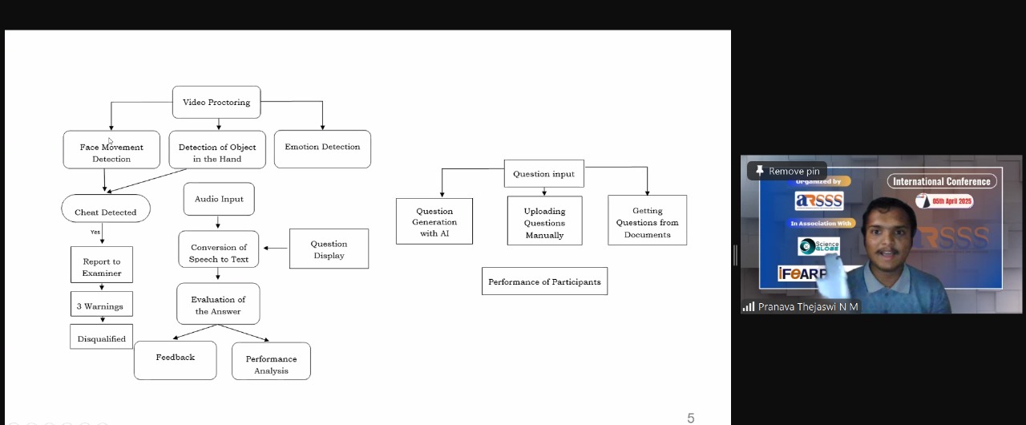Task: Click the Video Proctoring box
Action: click(x=216, y=102)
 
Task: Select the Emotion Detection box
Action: click(x=322, y=149)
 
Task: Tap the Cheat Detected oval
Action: click(x=106, y=208)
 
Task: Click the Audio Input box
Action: click(x=219, y=199)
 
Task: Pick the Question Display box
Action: click(x=329, y=249)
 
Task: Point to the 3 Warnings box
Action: click(x=102, y=304)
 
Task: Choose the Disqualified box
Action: click(x=101, y=337)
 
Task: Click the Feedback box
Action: click(x=176, y=360)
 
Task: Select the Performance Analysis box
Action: click(x=271, y=361)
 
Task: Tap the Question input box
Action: click(x=544, y=173)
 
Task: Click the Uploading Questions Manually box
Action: click(x=544, y=221)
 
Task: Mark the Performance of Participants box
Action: click(x=544, y=281)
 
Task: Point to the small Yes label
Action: click(x=95, y=233)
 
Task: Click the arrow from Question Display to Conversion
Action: click(x=275, y=249)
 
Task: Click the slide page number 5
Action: click(x=691, y=418)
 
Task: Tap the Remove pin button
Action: click(x=787, y=171)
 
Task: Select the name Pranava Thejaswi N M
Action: click(x=808, y=307)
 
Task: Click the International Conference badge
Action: click(x=942, y=181)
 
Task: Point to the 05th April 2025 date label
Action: click(x=944, y=201)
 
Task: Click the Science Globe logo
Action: click(x=818, y=246)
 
